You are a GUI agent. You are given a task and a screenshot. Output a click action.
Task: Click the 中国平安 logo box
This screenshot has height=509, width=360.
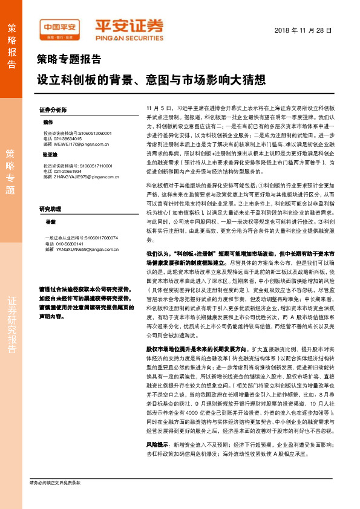59,28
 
